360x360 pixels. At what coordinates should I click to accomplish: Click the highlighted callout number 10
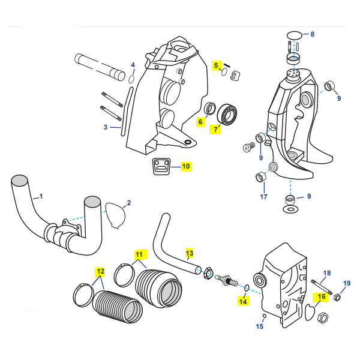pyautogui.click(x=185, y=166)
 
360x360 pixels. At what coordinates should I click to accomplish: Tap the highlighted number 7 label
pyautogui.click(x=215, y=128)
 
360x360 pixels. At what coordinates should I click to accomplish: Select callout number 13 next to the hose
pyautogui.click(x=190, y=253)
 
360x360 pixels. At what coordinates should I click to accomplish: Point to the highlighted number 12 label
pyautogui.click(x=100, y=271)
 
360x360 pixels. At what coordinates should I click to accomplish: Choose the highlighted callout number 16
pyautogui.click(x=322, y=296)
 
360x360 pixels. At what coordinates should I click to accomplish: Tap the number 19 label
pyautogui.click(x=347, y=283)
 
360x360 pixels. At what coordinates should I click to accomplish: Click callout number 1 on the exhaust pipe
pyautogui.click(x=41, y=196)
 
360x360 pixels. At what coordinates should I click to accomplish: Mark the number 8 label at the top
pyautogui.click(x=312, y=34)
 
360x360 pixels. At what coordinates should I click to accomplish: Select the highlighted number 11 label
pyautogui.click(x=139, y=254)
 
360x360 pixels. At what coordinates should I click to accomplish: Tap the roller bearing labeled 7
pyautogui.click(x=228, y=112)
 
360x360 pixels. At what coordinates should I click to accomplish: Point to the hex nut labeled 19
pyautogui.click(x=337, y=296)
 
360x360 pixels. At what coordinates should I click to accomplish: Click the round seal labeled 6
pyautogui.click(x=211, y=109)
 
